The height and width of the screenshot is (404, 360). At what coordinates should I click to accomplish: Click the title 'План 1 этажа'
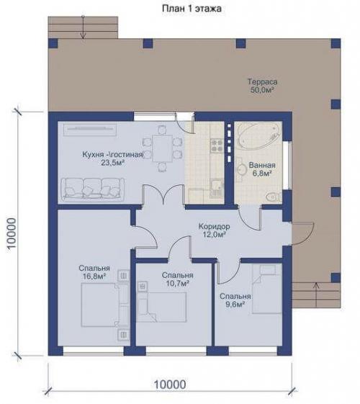click(x=192, y=9)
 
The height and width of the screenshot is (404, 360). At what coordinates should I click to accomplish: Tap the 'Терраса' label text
click(x=262, y=81)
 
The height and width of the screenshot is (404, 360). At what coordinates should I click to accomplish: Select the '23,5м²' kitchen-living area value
click(x=113, y=163)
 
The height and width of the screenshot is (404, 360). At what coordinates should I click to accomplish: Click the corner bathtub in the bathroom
click(x=259, y=136)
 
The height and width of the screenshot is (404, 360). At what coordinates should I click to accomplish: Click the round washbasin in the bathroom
click(x=242, y=169)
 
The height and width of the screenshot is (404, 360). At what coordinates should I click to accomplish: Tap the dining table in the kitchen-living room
click(x=162, y=148)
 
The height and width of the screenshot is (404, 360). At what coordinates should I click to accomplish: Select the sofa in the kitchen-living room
click(x=92, y=189)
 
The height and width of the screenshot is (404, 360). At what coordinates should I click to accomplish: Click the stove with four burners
click(x=216, y=145)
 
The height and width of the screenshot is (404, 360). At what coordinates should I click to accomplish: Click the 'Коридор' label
click(x=215, y=226)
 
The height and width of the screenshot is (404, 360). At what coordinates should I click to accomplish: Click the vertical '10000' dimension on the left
click(x=12, y=233)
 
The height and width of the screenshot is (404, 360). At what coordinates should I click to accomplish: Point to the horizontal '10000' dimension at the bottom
click(x=170, y=385)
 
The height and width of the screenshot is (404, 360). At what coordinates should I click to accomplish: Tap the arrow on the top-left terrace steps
click(x=83, y=27)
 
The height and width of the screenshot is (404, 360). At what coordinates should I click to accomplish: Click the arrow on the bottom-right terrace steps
click(x=316, y=295)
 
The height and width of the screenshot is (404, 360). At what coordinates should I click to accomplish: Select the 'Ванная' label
click(x=262, y=165)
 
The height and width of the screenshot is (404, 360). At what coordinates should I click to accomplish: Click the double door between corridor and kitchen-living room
click(x=163, y=195)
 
